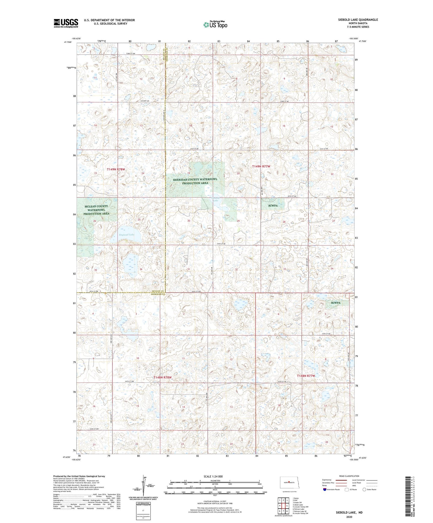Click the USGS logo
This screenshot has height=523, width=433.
pos(66,23)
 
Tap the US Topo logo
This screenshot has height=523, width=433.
pos(215,25)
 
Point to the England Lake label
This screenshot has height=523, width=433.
pos(126,235)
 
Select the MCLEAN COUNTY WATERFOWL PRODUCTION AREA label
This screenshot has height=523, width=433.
pos(96,210)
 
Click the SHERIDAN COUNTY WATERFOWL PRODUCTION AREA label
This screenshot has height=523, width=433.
pos(195,181)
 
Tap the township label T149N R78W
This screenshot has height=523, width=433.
pos(116,169)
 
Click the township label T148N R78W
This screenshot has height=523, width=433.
pos(162,377)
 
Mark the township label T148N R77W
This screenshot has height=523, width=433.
pos(306,376)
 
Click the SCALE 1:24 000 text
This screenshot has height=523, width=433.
pos(213,476)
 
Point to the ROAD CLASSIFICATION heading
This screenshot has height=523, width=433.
pos(349,476)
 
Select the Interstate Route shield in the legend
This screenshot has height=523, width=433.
pos(325,489)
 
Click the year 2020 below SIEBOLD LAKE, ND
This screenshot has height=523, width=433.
pos(349,517)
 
